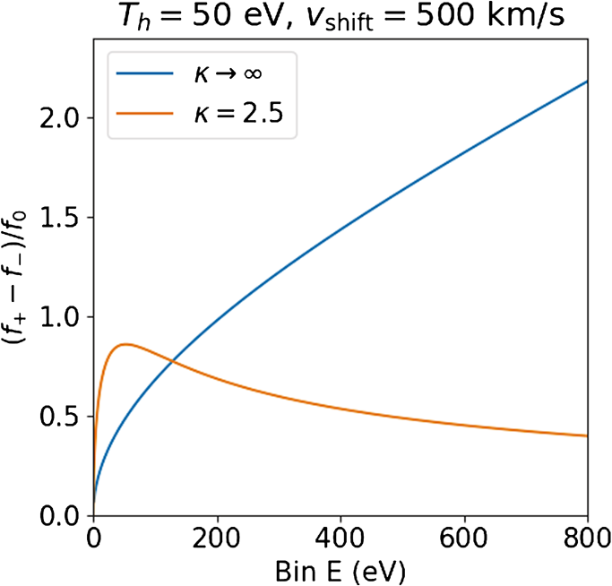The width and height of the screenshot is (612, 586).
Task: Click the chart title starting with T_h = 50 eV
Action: (x=340, y=17)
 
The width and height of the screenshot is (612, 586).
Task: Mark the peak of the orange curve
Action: (x=126, y=344)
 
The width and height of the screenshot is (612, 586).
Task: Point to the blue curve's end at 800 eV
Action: (x=587, y=82)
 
